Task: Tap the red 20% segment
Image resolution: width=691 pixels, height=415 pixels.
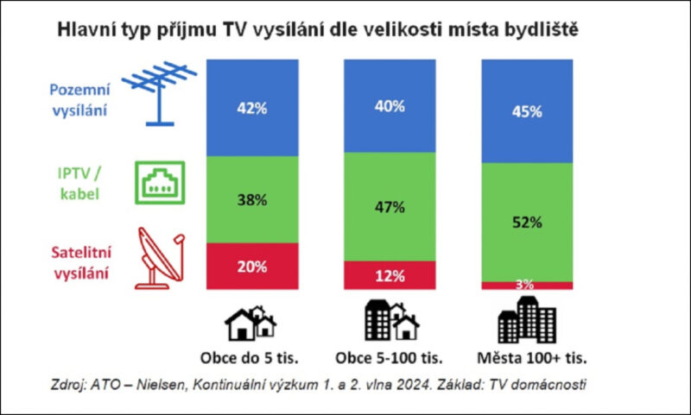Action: pyautogui.click(x=253, y=266)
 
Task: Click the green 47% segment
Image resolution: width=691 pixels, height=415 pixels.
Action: pyautogui.click(x=390, y=207)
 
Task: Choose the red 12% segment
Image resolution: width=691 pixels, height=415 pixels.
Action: pyautogui.click(x=390, y=275)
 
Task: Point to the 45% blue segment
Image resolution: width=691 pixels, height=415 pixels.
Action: pyautogui.click(x=526, y=111)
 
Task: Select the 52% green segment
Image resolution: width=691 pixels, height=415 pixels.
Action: pyautogui.click(x=526, y=222)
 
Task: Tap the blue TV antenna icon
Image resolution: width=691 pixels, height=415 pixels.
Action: pyautogui.click(x=158, y=92)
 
